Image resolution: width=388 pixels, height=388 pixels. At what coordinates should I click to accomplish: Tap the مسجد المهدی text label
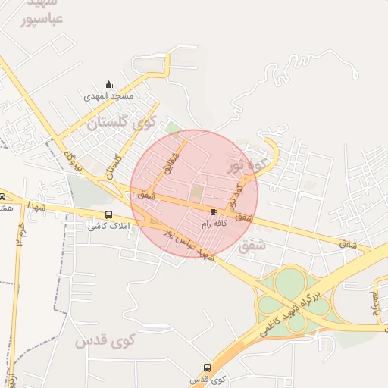[109, 96]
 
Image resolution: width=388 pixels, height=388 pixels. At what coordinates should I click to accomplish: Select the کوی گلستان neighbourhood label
[120, 122]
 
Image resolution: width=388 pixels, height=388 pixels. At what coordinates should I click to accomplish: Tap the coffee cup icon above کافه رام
[214, 211]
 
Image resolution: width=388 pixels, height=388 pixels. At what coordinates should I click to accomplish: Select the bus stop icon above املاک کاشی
[108, 214]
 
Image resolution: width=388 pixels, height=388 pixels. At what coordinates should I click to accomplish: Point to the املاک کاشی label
[108, 227]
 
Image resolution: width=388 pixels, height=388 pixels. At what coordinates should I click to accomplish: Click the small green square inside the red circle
[198, 192]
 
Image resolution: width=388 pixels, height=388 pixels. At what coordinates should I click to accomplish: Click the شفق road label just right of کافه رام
[243, 217]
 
